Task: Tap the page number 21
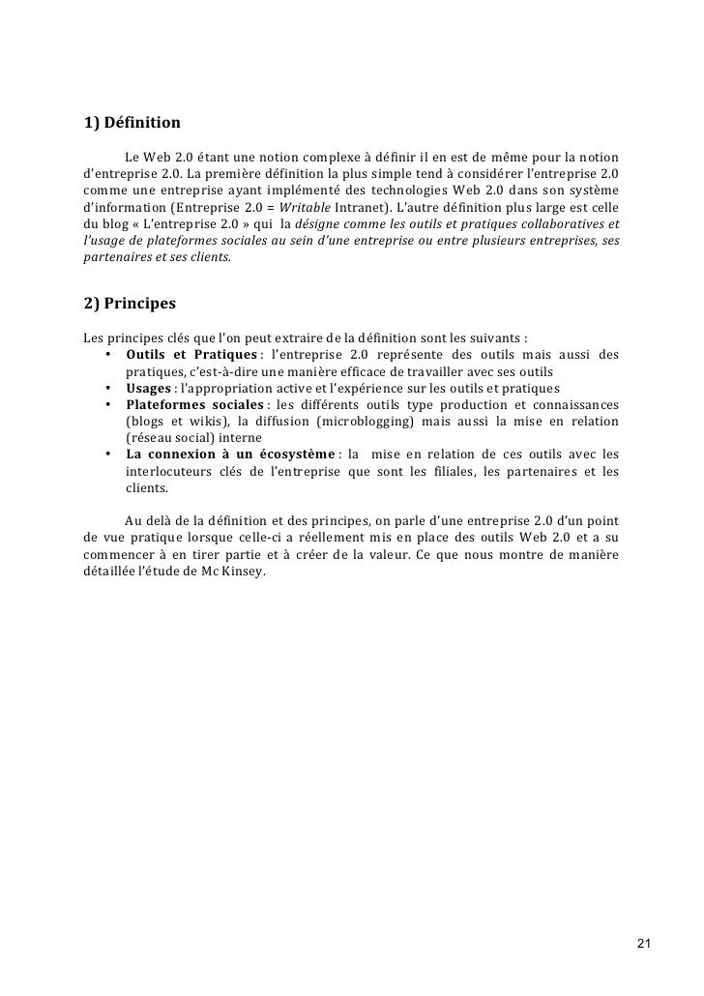646,944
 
